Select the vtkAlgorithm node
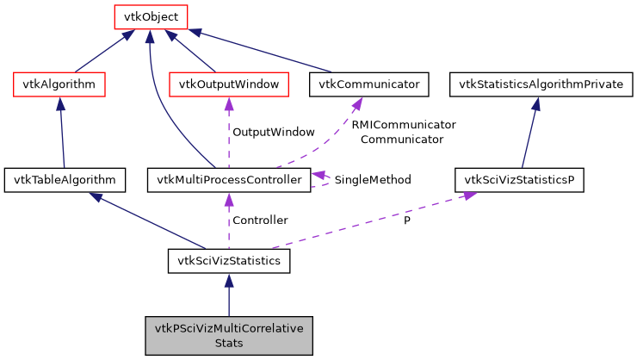tap(59, 84)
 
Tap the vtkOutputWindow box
tap(228, 84)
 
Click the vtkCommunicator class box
tap(368, 84)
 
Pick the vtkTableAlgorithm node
tap(65, 180)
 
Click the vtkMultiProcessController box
tap(228, 180)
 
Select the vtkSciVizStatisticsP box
tap(519, 180)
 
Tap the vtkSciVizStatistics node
tap(228, 260)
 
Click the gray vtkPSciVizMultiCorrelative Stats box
tap(228, 335)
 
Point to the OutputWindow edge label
tap(273, 133)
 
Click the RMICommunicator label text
tap(403, 125)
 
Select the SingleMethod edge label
tap(372, 180)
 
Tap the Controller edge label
tap(260, 220)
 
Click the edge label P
tap(407, 220)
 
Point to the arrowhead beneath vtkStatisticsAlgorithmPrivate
tap(535, 103)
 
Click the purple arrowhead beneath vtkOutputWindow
tap(228, 103)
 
